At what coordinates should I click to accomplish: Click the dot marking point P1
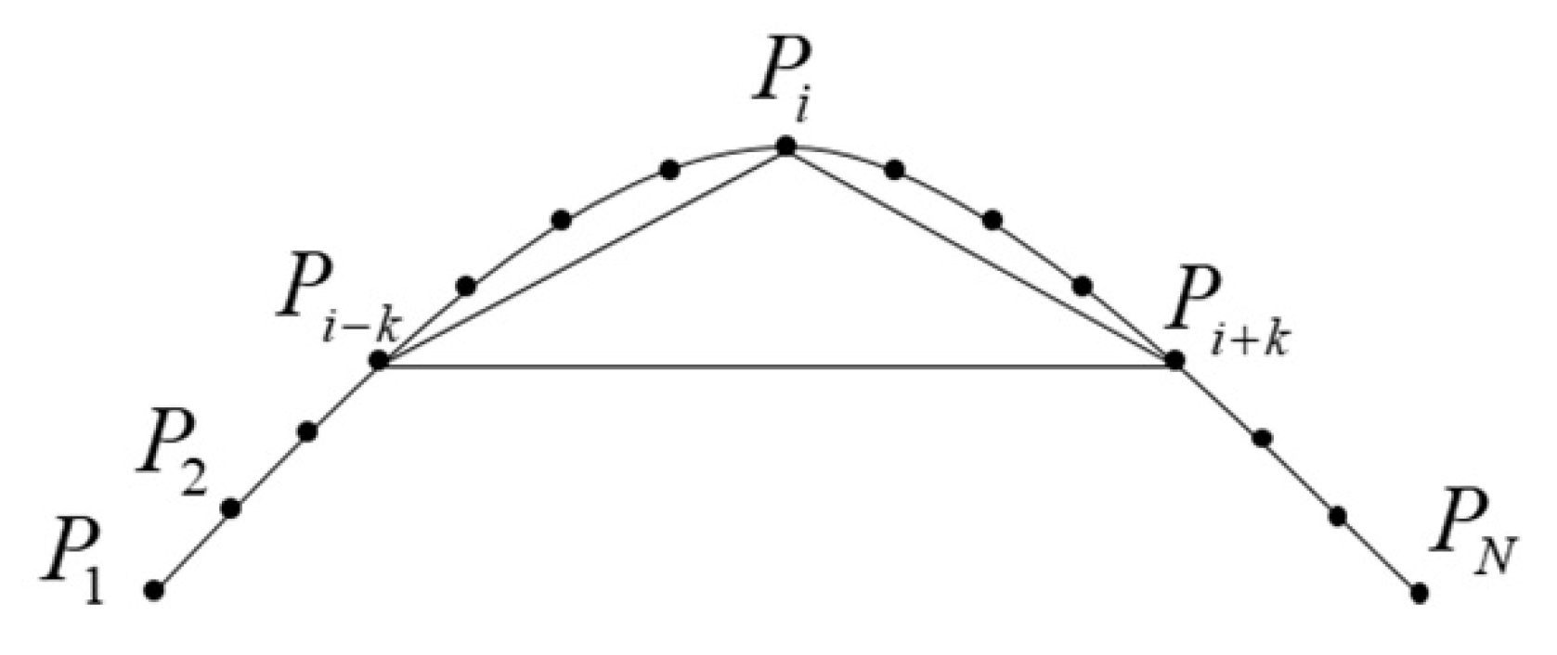click(155, 589)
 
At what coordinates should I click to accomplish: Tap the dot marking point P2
click(232, 507)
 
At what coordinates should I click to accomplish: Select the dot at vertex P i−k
click(379, 360)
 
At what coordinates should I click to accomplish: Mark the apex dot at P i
click(785, 146)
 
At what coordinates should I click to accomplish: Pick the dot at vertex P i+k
click(1175, 360)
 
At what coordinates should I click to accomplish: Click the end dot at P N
click(1419, 592)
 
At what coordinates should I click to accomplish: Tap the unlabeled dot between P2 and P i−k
click(308, 431)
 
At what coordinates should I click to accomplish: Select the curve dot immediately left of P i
click(669, 170)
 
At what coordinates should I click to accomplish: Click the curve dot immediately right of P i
click(894, 170)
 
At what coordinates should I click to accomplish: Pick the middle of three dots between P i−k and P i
click(561, 220)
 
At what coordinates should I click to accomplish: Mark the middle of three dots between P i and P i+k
click(993, 220)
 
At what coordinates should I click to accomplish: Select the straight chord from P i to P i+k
click(980, 255)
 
